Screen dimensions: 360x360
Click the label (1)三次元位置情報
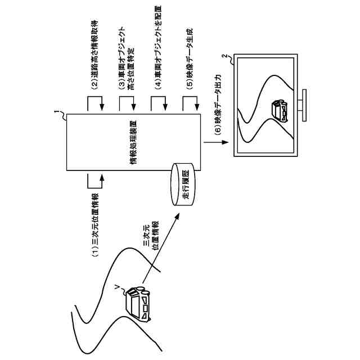[96, 225]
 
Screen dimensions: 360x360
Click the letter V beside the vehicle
[116, 288]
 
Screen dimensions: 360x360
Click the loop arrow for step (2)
[94, 102]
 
